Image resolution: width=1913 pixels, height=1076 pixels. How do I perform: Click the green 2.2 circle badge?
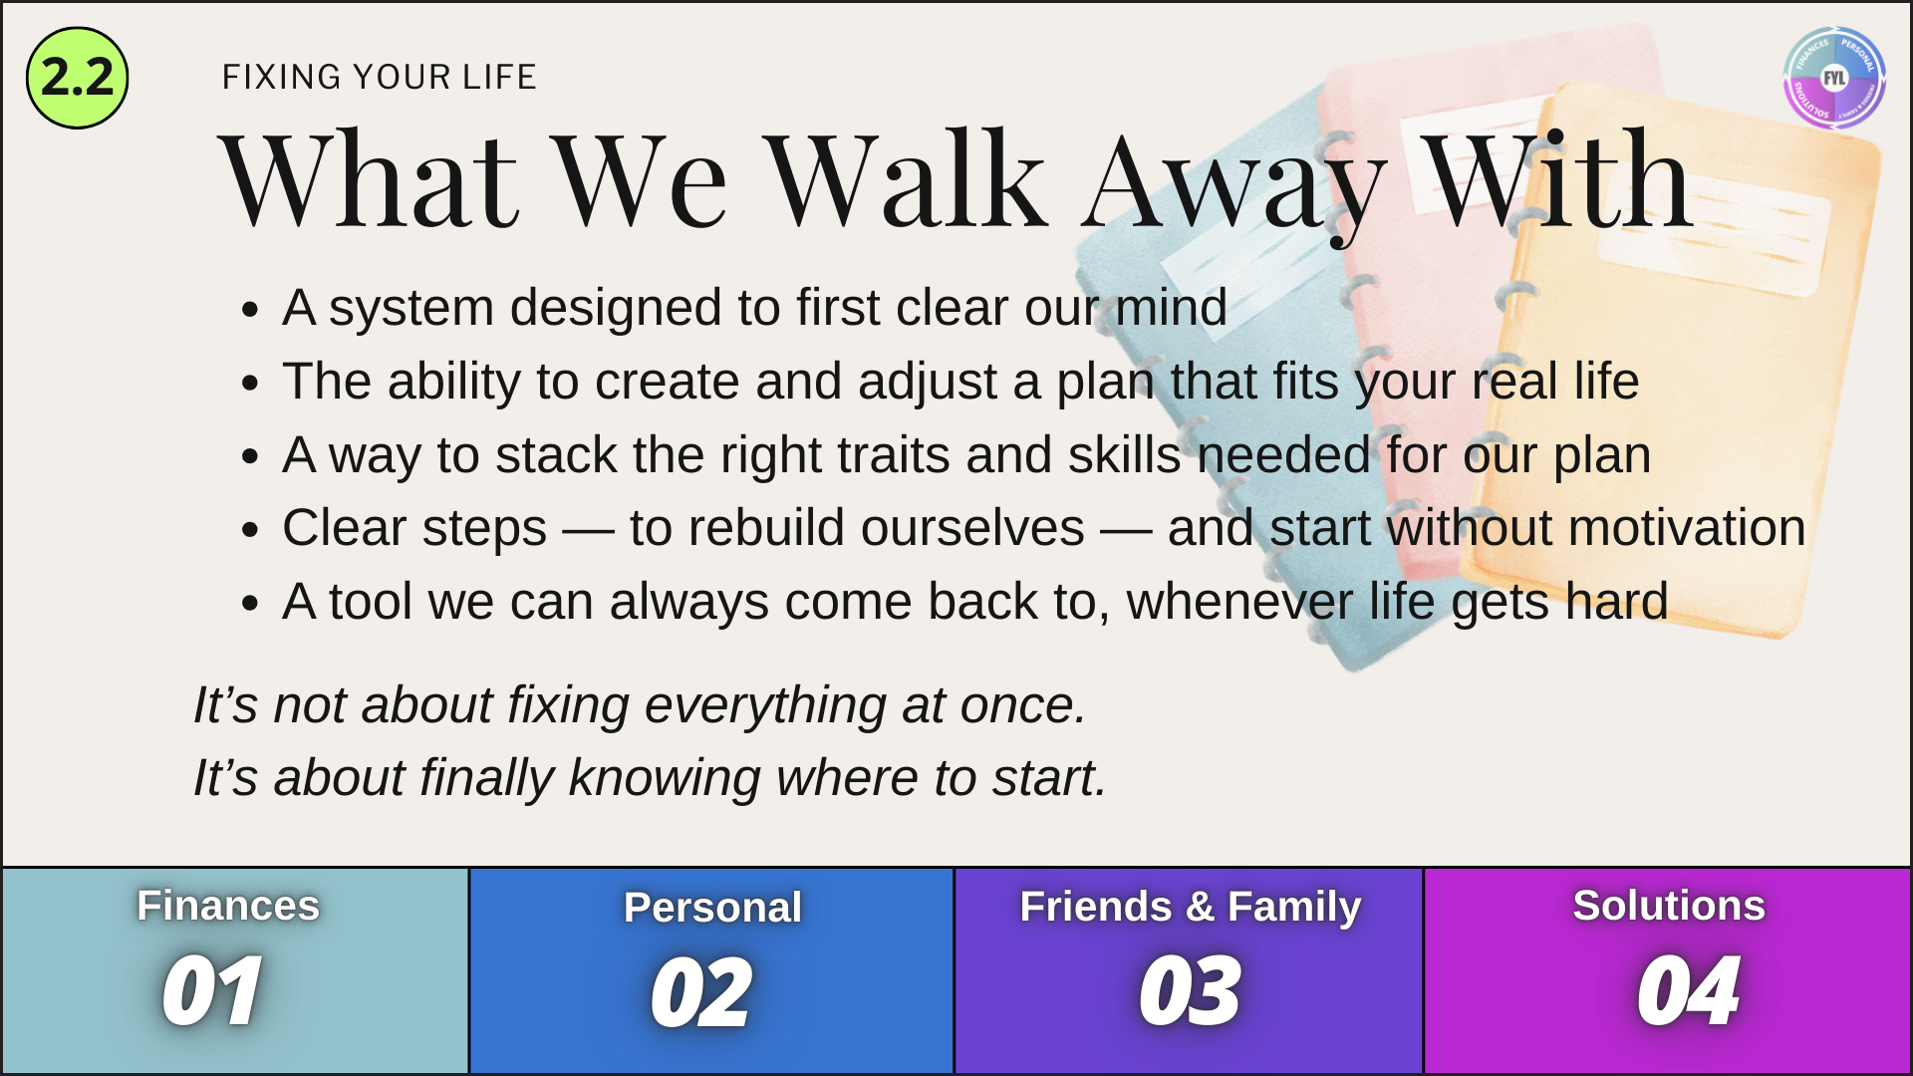coord(78,78)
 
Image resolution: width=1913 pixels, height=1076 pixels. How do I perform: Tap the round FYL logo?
coord(1834,78)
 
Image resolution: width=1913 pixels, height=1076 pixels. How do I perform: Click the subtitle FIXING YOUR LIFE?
coord(380,77)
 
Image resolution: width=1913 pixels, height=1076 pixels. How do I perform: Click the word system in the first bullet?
coord(411,308)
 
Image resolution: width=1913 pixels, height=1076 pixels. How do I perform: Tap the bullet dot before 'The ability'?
coord(250,383)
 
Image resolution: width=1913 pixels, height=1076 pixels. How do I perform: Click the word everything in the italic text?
coord(765,706)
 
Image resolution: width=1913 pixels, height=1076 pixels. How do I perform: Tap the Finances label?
coord(228,906)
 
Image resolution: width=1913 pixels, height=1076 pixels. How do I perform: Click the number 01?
coord(212,991)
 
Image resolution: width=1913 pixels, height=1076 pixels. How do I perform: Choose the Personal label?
coord(712,908)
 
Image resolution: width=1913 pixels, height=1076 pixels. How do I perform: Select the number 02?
coord(700,992)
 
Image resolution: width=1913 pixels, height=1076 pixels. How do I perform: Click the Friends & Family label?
coord(1191,907)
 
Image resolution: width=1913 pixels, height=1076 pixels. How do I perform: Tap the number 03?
coord(1190,991)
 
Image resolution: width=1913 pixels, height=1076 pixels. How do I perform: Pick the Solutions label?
coord(1669,906)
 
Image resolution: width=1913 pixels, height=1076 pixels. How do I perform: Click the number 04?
coord(1688,991)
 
